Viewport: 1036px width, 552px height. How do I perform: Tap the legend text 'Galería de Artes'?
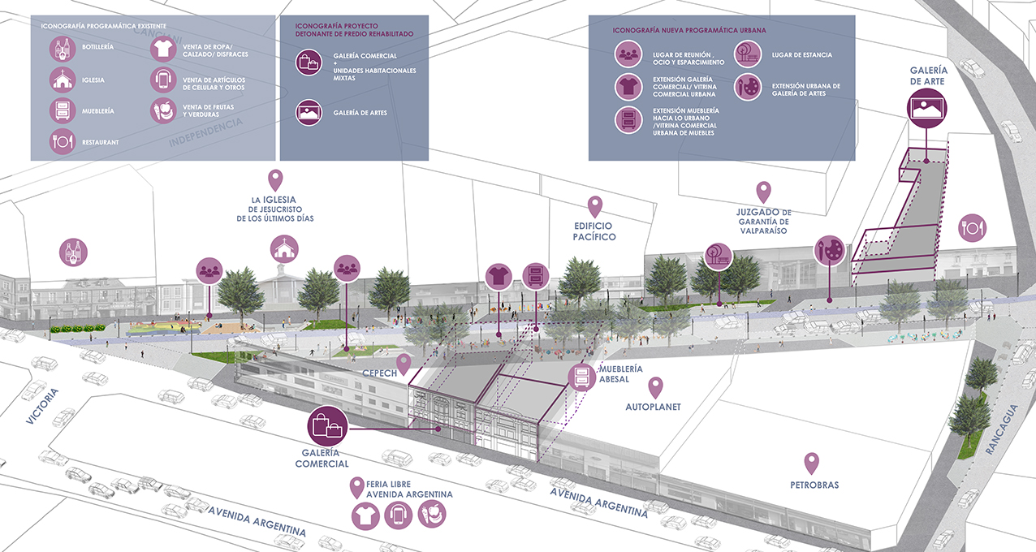360,112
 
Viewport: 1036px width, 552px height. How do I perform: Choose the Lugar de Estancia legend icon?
748,55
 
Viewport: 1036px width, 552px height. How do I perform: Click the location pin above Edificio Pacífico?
595,205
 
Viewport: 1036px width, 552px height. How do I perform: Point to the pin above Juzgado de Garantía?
763,192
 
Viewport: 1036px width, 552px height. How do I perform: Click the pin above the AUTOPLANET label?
655,387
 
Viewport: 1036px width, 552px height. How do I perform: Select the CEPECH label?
378,374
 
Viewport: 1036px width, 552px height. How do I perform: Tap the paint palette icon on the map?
829,250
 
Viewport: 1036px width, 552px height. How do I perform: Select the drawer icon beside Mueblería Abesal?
582,377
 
